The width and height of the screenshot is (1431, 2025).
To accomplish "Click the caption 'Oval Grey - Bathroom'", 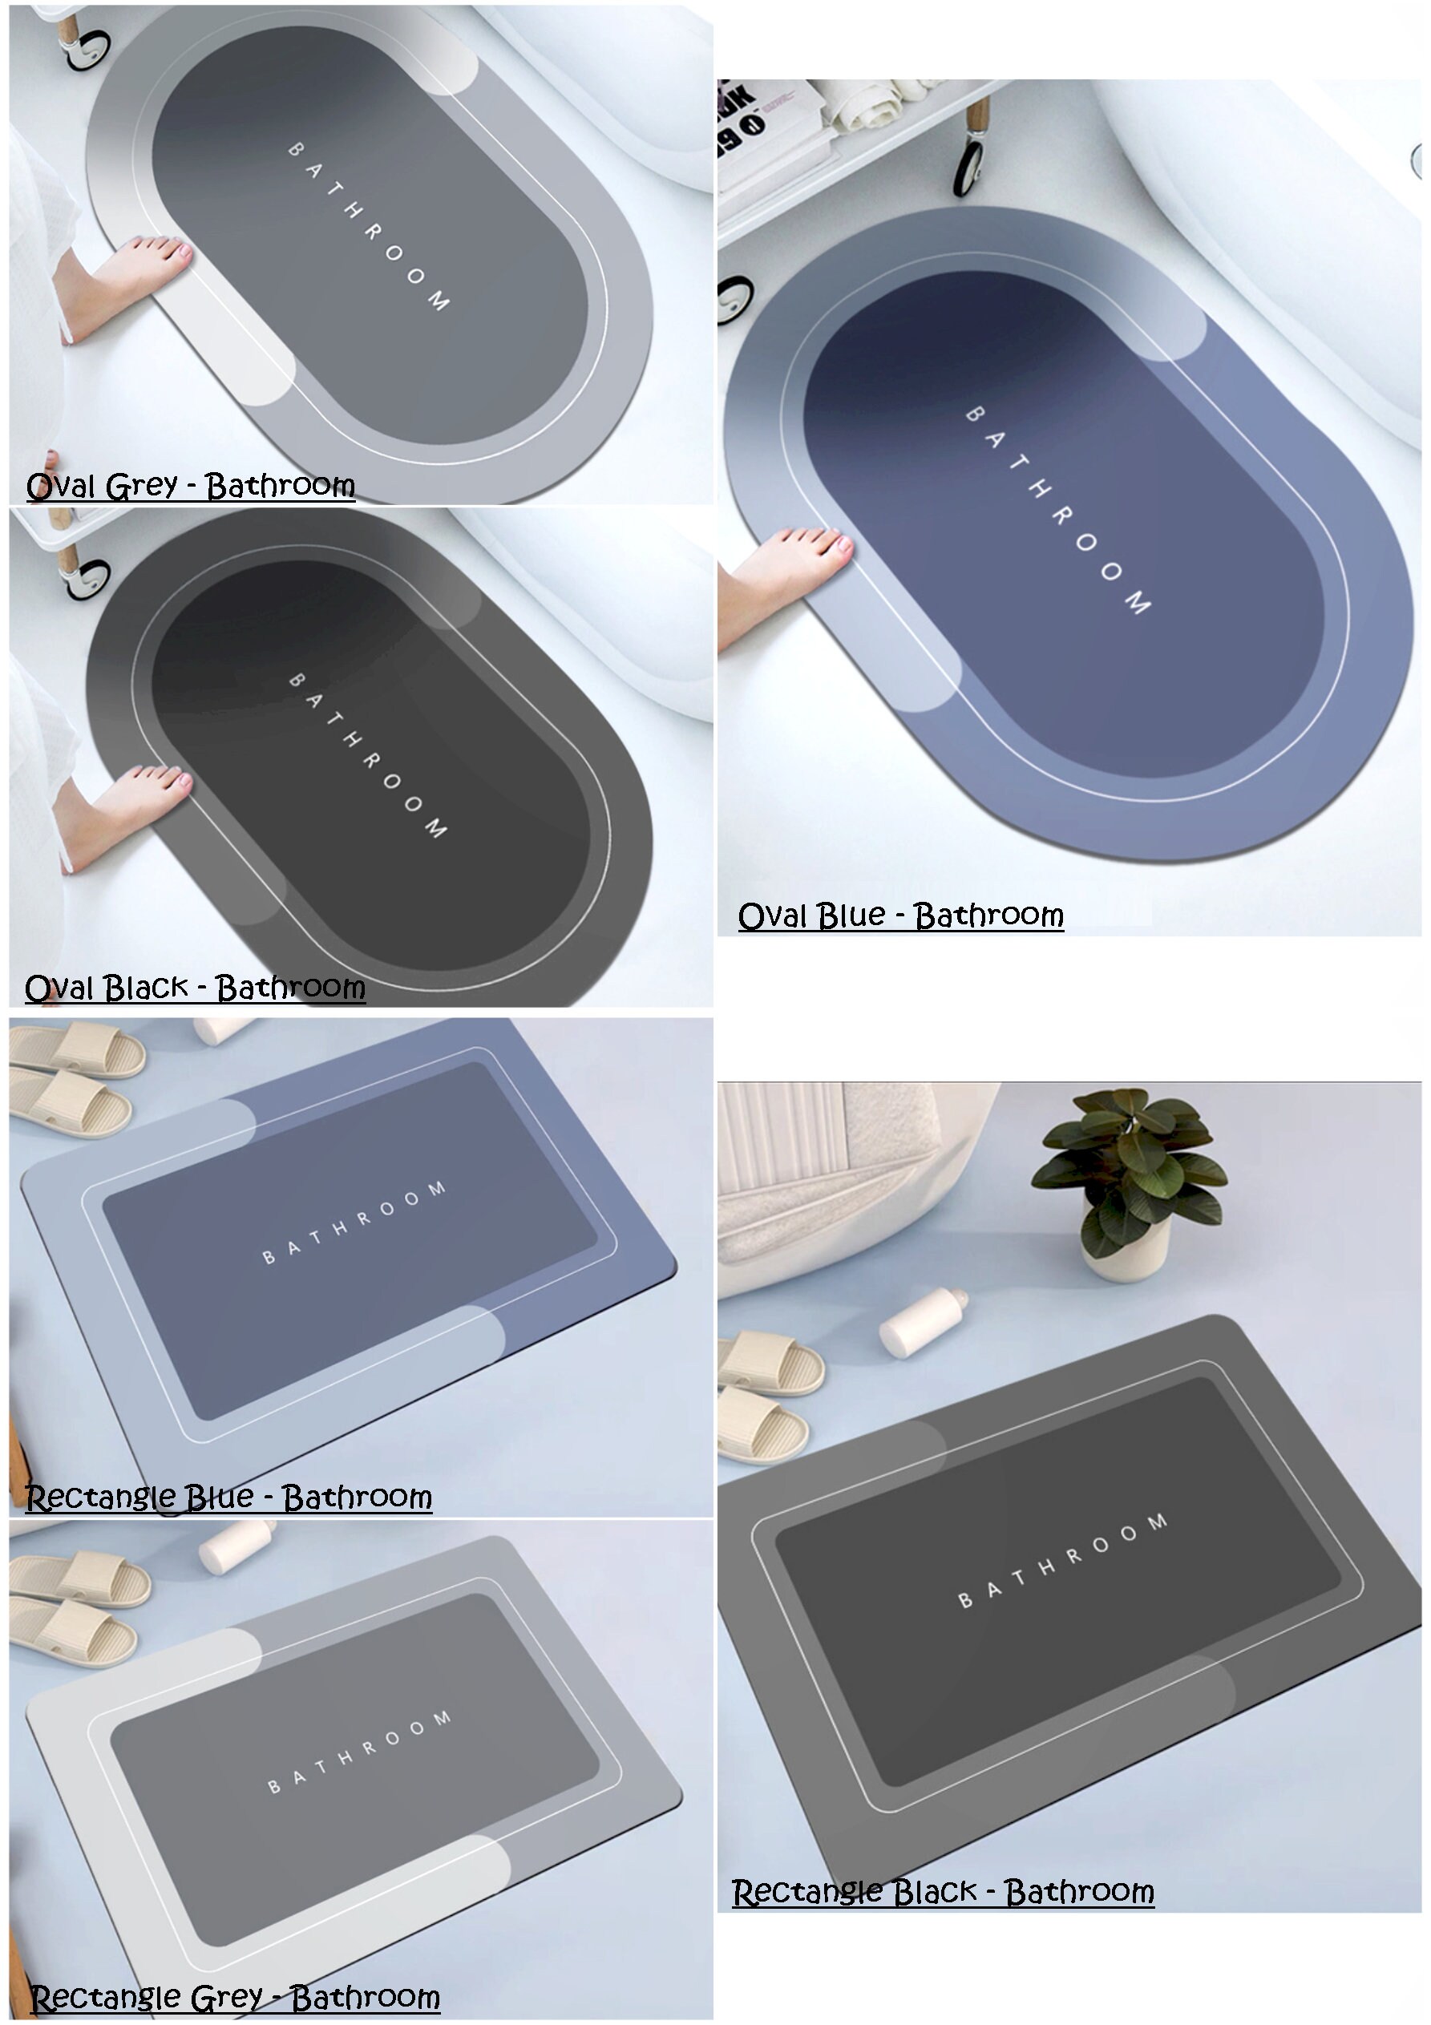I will (191, 486).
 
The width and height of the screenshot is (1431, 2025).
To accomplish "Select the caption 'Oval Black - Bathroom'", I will (195, 988).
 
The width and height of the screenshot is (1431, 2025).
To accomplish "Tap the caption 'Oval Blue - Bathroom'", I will (901, 915).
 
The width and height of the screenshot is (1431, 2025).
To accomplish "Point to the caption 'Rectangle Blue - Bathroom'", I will (228, 1498).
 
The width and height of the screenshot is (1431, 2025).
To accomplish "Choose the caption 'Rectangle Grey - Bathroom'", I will (235, 1998).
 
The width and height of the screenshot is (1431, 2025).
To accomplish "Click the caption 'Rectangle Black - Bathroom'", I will (942, 1892).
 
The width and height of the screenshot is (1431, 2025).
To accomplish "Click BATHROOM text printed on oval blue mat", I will (1057, 509).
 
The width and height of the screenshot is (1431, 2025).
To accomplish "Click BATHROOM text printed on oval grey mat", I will (369, 226).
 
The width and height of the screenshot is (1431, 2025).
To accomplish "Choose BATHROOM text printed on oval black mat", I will (368, 755).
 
